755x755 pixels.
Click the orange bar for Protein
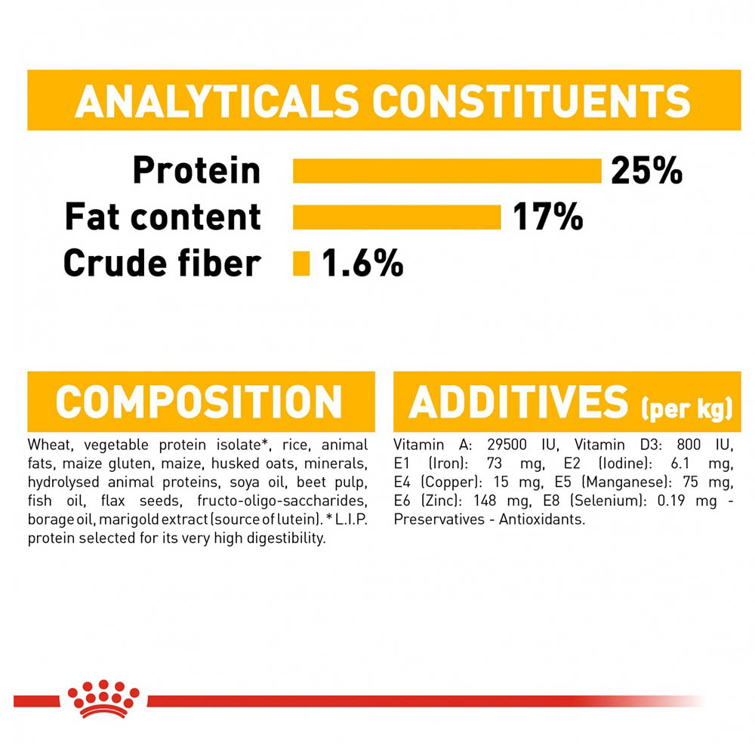click(447, 171)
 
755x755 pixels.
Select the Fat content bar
click(397, 217)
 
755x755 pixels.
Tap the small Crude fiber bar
click(301, 263)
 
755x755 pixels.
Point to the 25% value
click(647, 171)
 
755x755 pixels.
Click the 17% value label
click(548, 217)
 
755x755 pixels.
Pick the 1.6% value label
click(362, 263)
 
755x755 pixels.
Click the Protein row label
click(196, 171)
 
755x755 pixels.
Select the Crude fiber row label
click(162, 263)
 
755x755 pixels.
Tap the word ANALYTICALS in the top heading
click(217, 101)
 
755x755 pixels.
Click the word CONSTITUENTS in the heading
click(531, 101)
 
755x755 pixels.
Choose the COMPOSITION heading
click(199, 402)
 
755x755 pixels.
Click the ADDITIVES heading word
click(518, 402)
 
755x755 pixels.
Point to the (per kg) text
click(686, 408)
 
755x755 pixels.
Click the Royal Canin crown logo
click(103, 698)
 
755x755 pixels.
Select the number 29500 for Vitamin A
click(507, 445)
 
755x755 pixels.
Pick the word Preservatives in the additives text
click(439, 519)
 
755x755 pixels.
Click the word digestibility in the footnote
click(286, 538)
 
